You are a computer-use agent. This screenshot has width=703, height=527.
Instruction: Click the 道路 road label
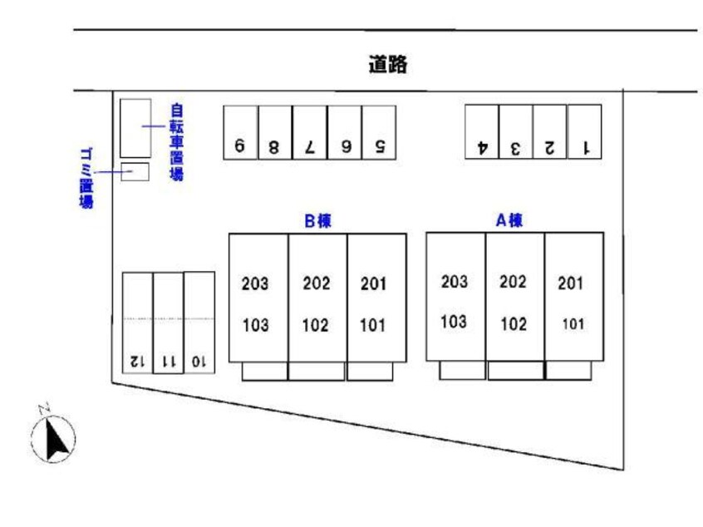pos(388,64)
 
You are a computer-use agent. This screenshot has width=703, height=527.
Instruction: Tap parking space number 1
pos(584,132)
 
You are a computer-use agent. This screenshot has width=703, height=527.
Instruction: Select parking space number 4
pos(481,132)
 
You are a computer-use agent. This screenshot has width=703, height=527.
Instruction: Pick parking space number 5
pos(378,132)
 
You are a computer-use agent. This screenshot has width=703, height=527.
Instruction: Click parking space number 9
pos(239,132)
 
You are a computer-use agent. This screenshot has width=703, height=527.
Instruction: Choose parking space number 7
pos(309,132)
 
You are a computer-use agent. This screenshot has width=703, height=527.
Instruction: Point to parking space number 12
pos(137,324)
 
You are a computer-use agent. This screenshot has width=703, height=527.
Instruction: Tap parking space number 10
pos(199,324)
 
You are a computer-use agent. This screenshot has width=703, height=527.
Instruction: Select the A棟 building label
pos(509,220)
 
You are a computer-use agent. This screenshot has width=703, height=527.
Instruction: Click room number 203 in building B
pos(255,283)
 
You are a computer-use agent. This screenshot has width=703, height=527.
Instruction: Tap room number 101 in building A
pos(573,324)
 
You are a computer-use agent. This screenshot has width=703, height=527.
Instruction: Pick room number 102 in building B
pos(316,325)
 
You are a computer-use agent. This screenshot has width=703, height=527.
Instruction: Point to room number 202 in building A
pos(513,282)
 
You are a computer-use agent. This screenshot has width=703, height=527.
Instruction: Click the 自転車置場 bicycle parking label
pos(176,141)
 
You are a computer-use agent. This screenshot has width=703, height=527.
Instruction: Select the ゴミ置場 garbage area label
pos(86,177)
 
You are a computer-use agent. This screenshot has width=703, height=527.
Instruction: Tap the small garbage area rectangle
pos(135,172)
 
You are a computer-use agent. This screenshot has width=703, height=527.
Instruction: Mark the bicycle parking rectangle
pos(135,128)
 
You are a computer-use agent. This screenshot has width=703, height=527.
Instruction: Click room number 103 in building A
pos(454,322)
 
